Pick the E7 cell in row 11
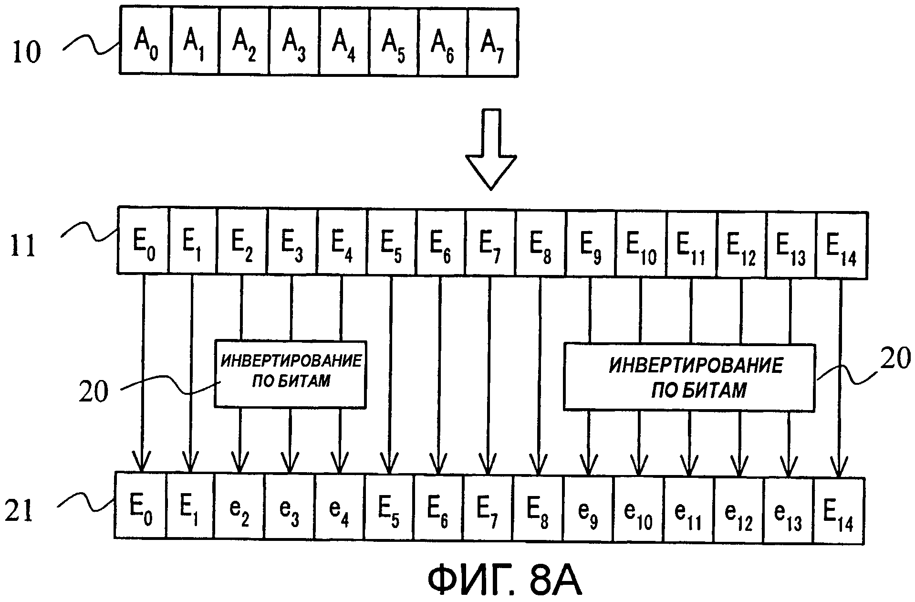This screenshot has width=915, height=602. (490, 244)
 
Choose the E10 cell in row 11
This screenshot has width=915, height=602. (641, 244)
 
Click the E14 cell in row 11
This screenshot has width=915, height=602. (842, 244)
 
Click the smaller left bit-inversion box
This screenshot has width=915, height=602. (290, 374)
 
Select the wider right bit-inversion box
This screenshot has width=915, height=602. (689, 377)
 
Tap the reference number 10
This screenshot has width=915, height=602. (27, 52)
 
